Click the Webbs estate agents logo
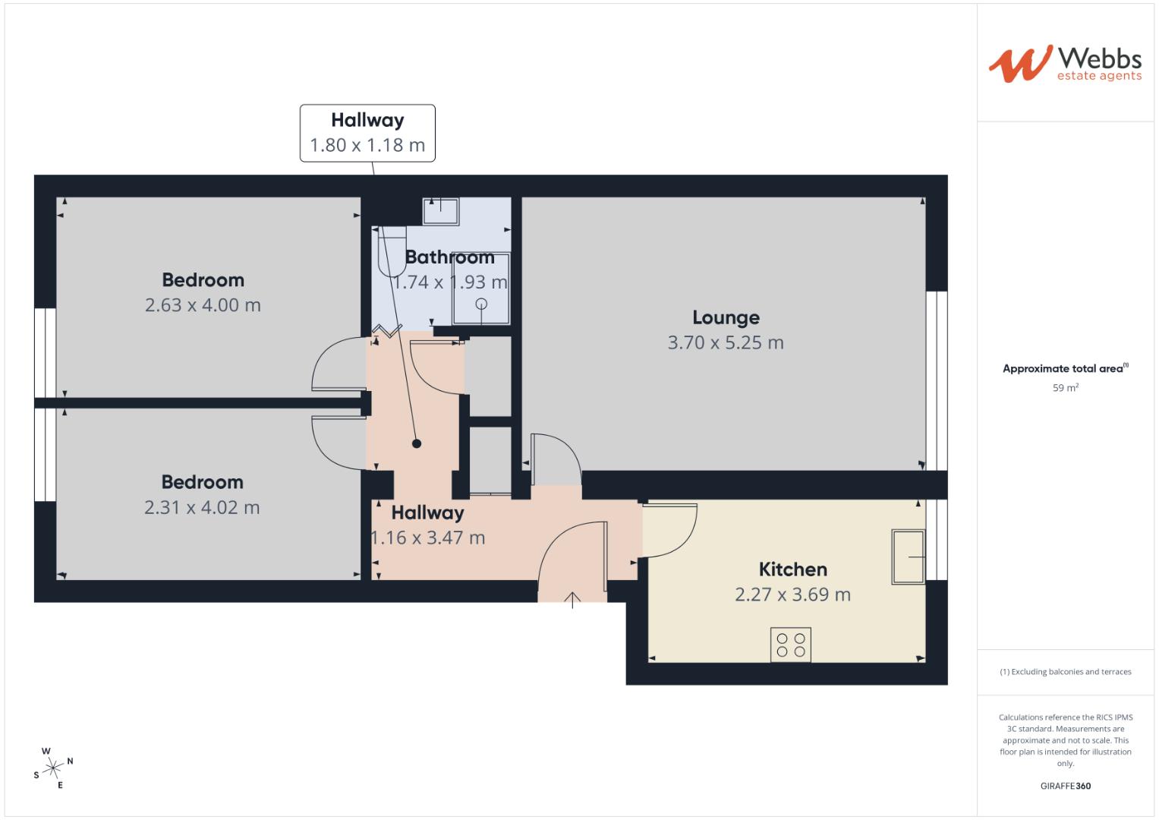click(1064, 63)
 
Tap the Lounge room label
click(726, 317)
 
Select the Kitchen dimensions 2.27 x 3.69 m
click(792, 594)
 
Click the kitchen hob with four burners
click(791, 645)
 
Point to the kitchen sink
click(908, 557)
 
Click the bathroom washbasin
click(440, 211)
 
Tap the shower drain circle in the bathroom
click(481, 304)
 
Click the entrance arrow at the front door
click(572, 600)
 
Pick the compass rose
click(53, 768)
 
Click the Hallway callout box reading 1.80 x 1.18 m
click(367, 134)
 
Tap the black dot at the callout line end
click(416, 444)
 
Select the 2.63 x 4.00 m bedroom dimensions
click(203, 305)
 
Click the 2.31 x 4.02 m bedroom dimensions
click(202, 508)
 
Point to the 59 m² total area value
click(1065, 388)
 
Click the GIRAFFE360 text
click(1065, 786)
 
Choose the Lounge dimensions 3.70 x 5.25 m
click(726, 343)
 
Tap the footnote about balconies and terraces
click(1065, 672)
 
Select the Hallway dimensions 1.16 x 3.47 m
click(427, 538)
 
